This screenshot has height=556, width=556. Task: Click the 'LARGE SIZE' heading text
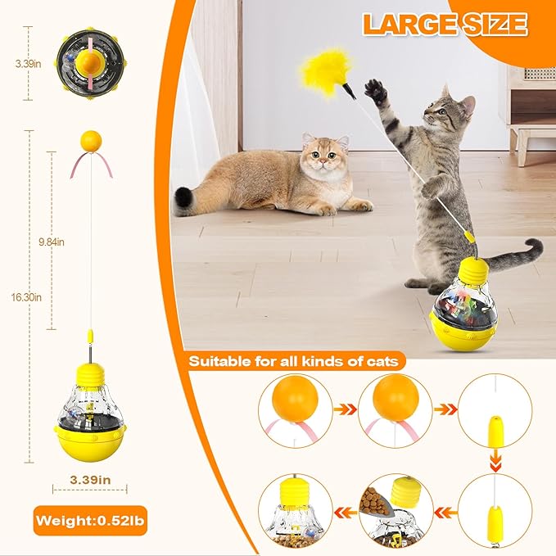[444, 25]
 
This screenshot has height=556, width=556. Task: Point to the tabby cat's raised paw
[376, 90]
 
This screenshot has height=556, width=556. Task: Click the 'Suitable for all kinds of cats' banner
[292, 360]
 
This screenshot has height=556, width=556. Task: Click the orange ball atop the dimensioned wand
[90, 140]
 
